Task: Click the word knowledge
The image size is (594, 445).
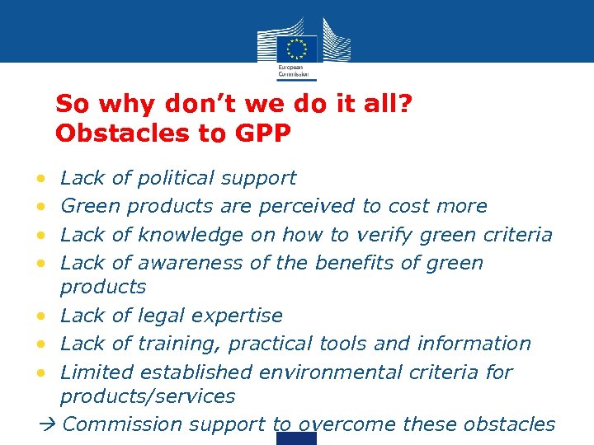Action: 190,235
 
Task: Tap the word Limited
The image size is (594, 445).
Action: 90,372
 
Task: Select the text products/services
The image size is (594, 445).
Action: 147,396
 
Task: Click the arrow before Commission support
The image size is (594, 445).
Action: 46,425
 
